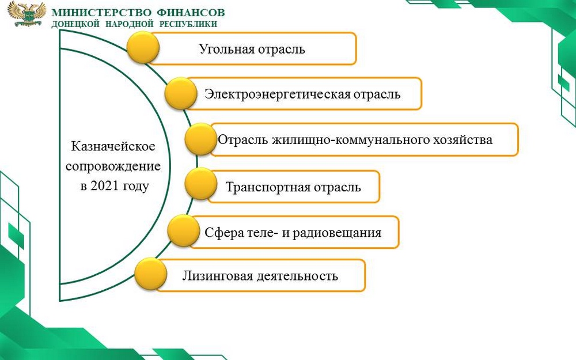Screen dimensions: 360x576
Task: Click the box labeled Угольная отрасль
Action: (x=252, y=49)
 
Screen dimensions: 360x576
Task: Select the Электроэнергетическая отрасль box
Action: (x=302, y=94)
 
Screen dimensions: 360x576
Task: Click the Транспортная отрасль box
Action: (x=293, y=187)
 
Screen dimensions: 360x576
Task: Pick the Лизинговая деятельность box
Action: (x=260, y=276)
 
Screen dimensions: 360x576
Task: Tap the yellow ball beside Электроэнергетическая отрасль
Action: (x=181, y=93)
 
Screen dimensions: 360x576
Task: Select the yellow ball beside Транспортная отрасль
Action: (x=201, y=184)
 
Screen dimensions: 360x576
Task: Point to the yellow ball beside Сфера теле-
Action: (x=183, y=230)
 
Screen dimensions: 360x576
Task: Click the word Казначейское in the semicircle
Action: (x=113, y=146)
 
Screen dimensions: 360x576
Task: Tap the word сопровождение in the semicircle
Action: (x=113, y=166)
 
